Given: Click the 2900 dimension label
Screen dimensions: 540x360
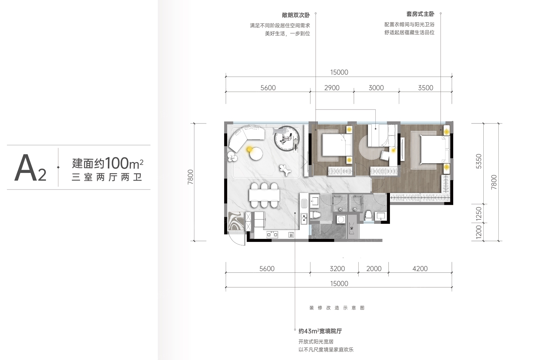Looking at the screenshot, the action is pos(332,88).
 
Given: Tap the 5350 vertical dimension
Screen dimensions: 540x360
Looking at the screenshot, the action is pos(479,161).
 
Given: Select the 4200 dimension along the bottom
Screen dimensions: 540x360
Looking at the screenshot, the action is pos(420,269).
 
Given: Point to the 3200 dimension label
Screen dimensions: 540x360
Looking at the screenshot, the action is pos(337,269).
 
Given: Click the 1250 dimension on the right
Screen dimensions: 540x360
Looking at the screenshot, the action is pos(479,214).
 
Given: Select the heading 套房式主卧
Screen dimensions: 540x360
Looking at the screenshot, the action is pos(420,14).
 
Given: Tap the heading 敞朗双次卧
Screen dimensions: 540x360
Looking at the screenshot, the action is pos(296,15).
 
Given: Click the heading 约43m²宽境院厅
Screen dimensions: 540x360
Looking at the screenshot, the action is pos(320,331).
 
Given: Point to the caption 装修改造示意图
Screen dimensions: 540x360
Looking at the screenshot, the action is pos(337,308).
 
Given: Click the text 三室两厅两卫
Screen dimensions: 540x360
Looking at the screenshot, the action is pos(107,177).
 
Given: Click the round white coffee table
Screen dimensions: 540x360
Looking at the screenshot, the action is pos(256,154).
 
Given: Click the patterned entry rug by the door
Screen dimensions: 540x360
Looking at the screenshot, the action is pos(236,221).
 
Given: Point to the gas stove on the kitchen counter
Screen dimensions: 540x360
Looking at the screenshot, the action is pos(272,234).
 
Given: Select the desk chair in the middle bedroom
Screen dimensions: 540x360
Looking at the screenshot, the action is pos(385,155).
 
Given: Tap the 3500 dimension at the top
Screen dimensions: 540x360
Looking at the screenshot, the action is pos(425,88).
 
